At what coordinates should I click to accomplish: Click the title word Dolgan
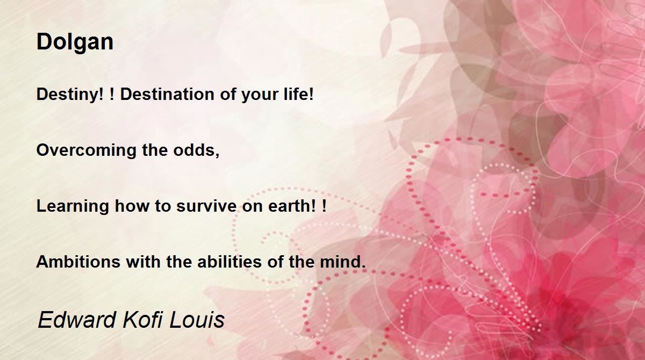[75, 42]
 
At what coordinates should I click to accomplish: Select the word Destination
[167, 94]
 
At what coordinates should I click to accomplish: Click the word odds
[193, 150]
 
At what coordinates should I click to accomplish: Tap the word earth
[289, 206]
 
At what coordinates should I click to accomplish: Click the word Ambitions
[78, 262]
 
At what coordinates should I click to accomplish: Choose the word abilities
[230, 262]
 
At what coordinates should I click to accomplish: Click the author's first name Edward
[76, 320]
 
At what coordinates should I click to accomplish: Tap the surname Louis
[197, 320]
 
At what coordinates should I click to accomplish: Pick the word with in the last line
[143, 262]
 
